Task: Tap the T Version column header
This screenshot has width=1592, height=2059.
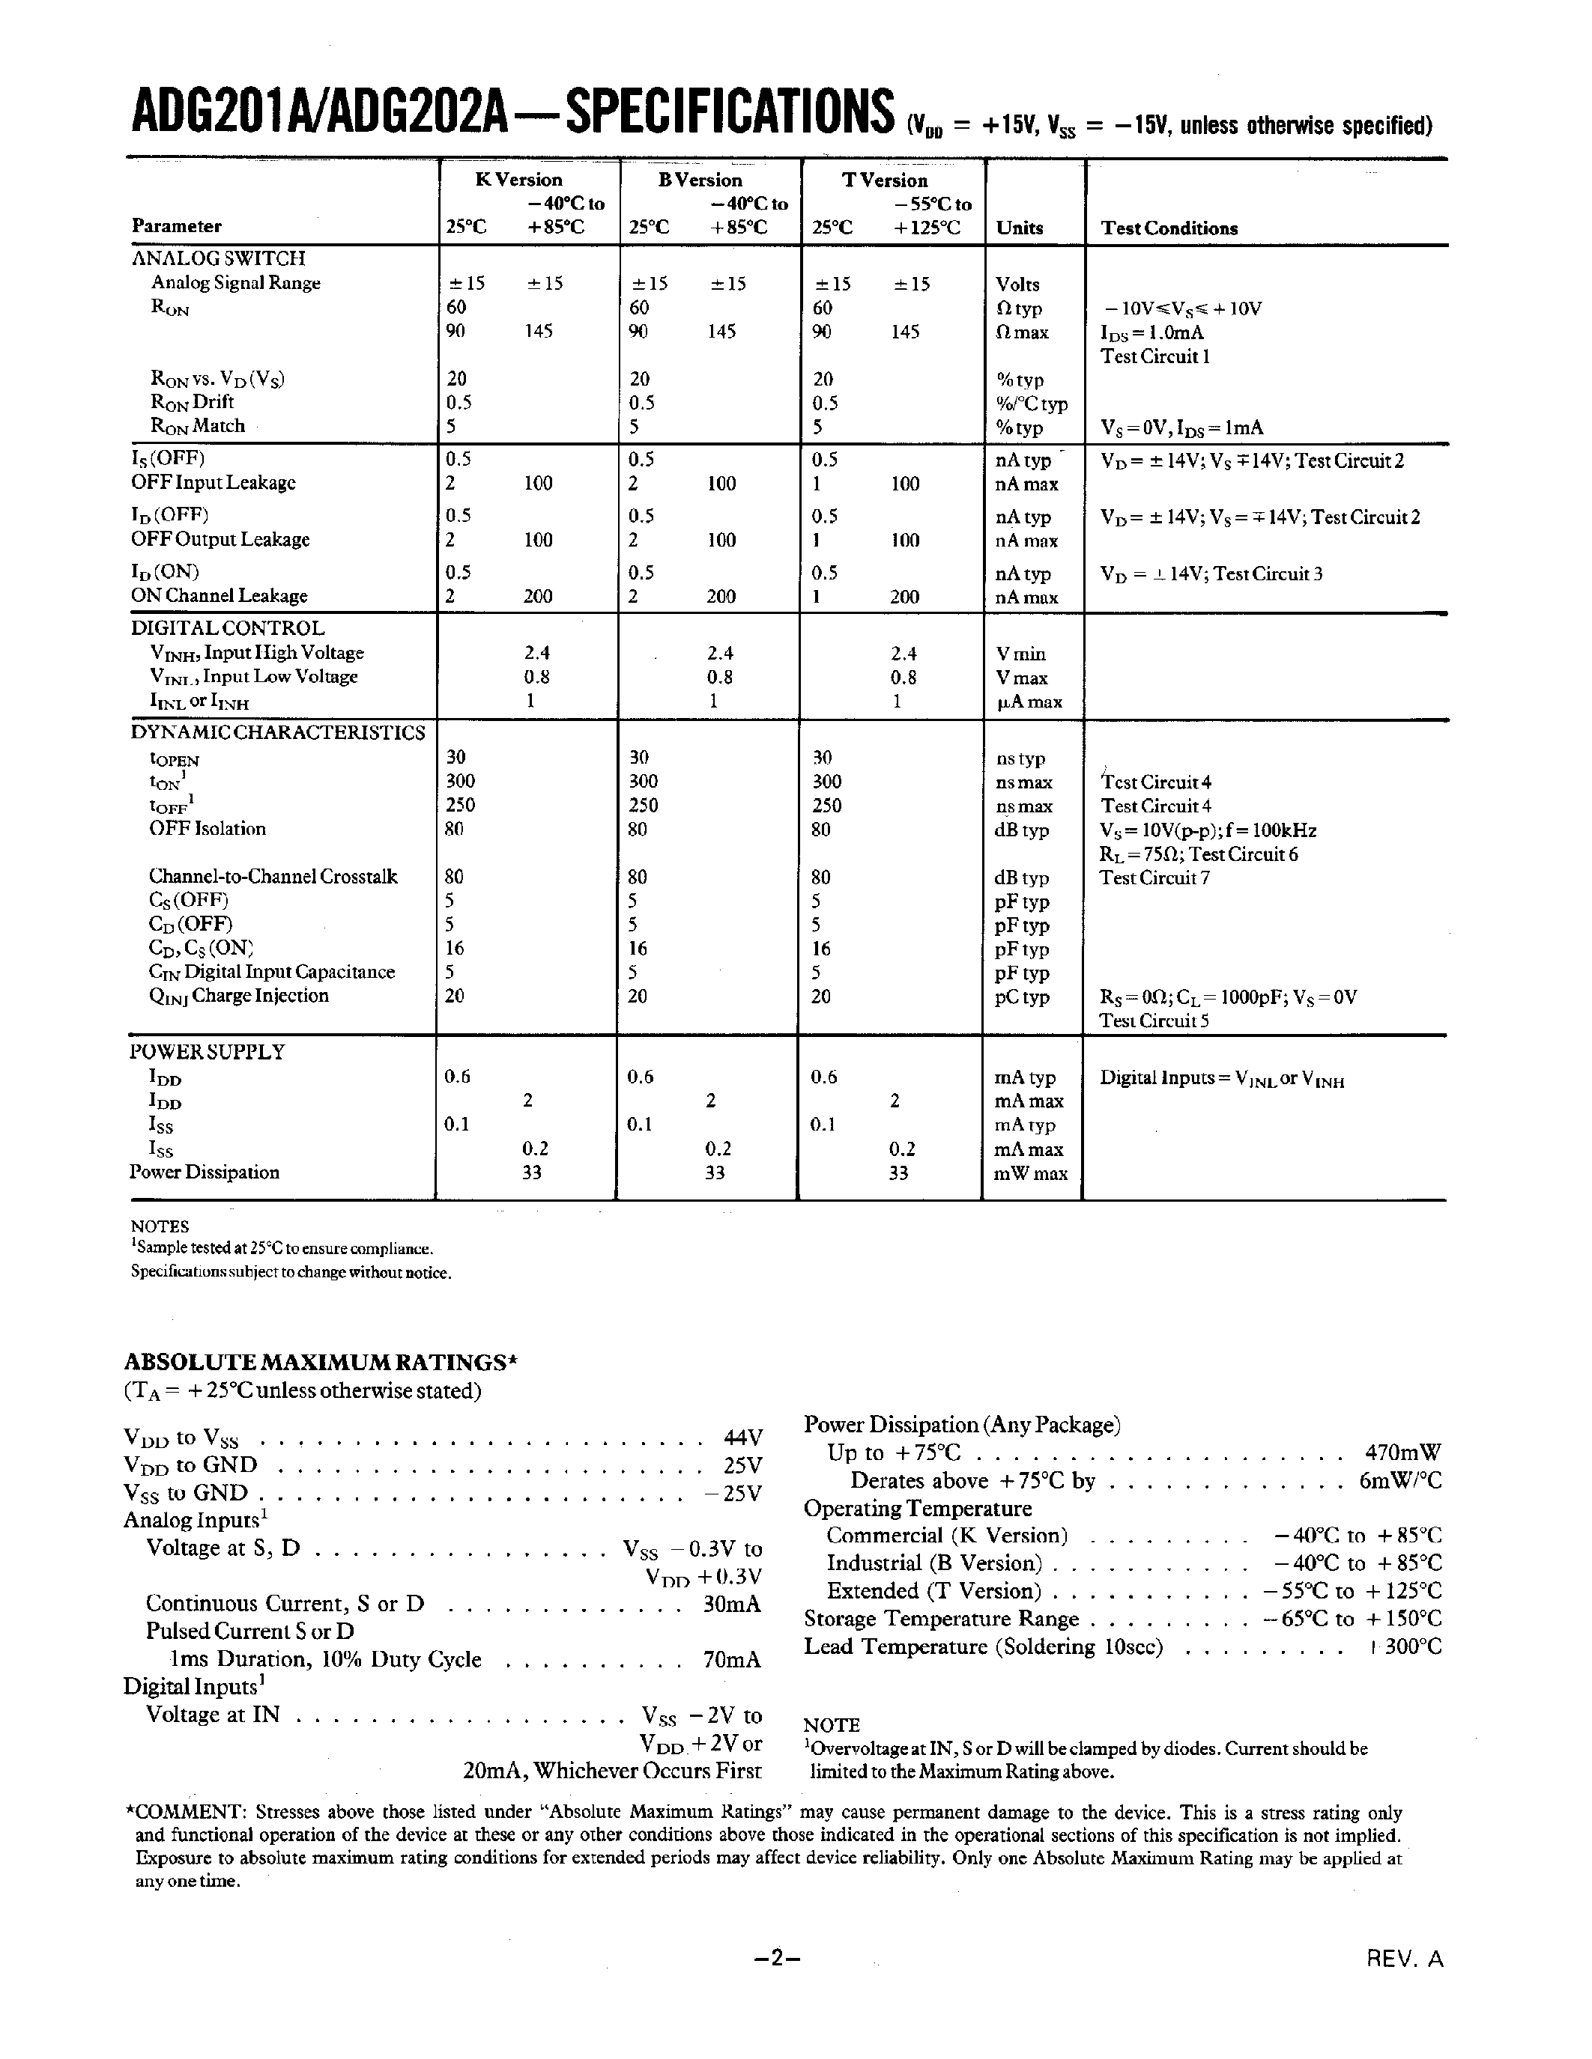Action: click(885, 180)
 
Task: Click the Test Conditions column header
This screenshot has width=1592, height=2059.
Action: click(1169, 228)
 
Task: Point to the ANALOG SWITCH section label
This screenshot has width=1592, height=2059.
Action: click(218, 258)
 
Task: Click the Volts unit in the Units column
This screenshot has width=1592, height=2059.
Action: click(1017, 285)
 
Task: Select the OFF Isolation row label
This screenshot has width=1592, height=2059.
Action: click(208, 829)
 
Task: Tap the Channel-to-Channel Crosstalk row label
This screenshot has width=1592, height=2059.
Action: click(273, 877)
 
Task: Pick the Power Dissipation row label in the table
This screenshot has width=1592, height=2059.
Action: click(205, 1172)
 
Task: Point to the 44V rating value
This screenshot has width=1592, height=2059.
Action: click(742, 1438)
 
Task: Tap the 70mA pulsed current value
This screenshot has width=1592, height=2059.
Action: click(732, 1659)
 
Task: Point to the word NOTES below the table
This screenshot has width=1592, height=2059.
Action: click(160, 1226)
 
